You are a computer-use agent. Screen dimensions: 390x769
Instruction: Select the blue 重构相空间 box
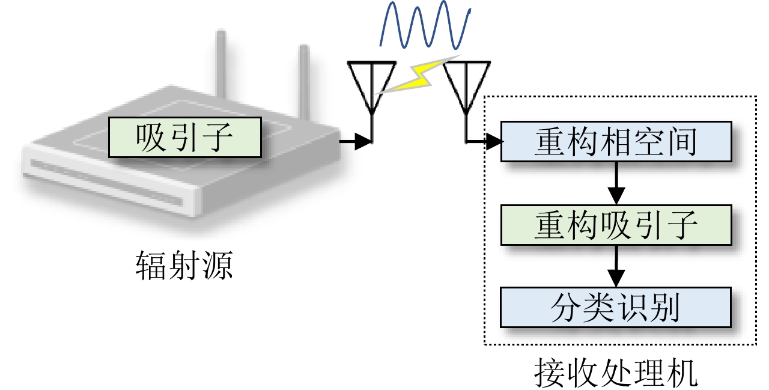pyautogui.click(x=616, y=142)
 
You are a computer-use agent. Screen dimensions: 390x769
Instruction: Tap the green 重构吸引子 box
pyautogui.click(x=616, y=226)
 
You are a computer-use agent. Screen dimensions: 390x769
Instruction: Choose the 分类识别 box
pyautogui.click(x=616, y=308)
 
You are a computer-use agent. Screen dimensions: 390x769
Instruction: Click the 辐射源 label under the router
pyautogui.click(x=184, y=266)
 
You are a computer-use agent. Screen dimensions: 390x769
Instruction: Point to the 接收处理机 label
pyautogui.click(x=616, y=374)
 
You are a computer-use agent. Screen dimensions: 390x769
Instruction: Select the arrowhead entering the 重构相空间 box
pyautogui.click(x=494, y=142)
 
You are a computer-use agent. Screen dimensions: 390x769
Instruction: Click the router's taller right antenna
pyautogui.click(x=303, y=78)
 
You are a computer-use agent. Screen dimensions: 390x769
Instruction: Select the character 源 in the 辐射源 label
pyautogui.click(x=216, y=266)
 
